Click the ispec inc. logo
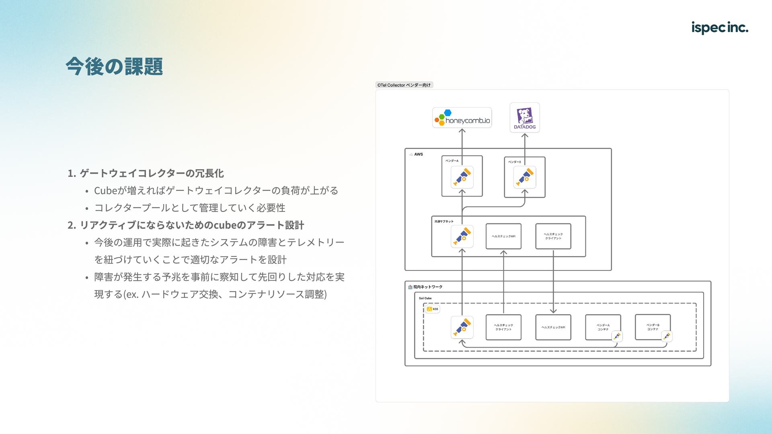[x=719, y=27]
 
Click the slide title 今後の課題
[x=114, y=66]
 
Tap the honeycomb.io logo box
[x=462, y=118]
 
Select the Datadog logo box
[x=525, y=117]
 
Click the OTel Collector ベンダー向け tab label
[x=404, y=85]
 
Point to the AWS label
[x=418, y=154]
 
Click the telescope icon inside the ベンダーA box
[x=462, y=177]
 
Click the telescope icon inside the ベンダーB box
[x=525, y=177]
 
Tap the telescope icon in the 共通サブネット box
[x=462, y=236]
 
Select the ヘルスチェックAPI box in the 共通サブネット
[x=503, y=236]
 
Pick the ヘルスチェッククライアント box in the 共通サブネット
[x=553, y=236]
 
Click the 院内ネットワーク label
[x=427, y=287]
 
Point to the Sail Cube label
[x=425, y=298]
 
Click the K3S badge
[x=433, y=309]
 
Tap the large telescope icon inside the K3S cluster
[x=462, y=328]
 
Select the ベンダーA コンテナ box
[x=603, y=327]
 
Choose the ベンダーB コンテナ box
[x=653, y=327]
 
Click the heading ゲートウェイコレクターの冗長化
[x=152, y=173]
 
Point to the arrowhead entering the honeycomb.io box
[x=462, y=131]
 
